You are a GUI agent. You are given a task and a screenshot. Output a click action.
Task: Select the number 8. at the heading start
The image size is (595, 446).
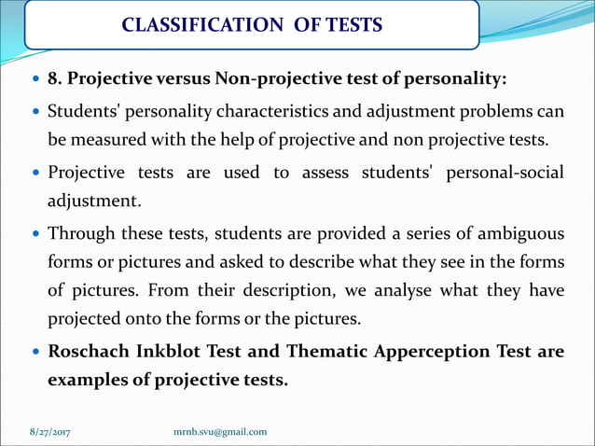[x=54, y=77]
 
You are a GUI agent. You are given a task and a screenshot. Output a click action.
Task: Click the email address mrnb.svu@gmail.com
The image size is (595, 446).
[x=221, y=431]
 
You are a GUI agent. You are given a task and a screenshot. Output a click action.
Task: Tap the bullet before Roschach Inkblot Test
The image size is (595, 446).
[x=35, y=354]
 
